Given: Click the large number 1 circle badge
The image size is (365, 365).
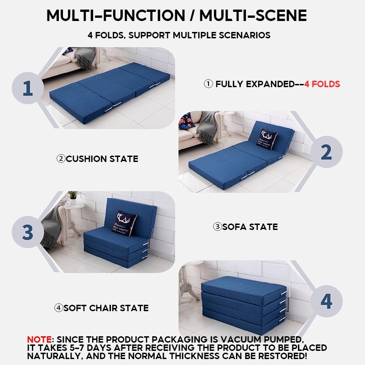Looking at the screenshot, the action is click(28, 88).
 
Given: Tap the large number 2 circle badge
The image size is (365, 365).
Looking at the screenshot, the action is click(326, 152).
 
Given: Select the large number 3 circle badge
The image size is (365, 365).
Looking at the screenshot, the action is click(28, 232).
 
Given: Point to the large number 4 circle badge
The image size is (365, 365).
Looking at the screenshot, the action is click(326, 301).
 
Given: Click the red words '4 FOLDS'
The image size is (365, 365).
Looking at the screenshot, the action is click(322, 84).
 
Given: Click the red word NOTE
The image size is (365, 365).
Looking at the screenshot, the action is click(39, 339).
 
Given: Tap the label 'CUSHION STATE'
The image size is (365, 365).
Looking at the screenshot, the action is click(102, 159).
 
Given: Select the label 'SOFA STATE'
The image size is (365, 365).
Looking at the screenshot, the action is click(250, 227).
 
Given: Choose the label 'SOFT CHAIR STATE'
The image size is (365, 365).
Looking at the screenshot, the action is click(106, 308).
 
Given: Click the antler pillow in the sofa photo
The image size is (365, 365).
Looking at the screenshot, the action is click(123, 223).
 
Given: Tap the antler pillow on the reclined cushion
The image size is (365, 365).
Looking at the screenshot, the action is click(267, 139).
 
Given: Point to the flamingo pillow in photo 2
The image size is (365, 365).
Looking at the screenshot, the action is click(187, 121).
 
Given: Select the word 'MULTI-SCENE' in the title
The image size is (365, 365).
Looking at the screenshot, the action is click(253, 16).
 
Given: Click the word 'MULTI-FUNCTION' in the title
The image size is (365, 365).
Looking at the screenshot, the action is click(116, 16).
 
